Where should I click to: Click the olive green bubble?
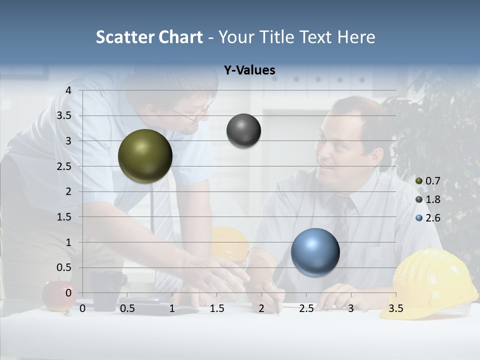coord(145,156)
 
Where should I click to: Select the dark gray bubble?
coord(243,130)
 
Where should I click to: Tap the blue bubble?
coord(315,252)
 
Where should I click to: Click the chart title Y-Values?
coord(249,70)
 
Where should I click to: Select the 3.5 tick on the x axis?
coord(395,308)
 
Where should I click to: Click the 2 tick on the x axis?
coord(261,308)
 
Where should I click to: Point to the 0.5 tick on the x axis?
coord(127,308)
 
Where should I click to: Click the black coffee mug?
coord(106,290)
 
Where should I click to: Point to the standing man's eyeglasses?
coord(192,116)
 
